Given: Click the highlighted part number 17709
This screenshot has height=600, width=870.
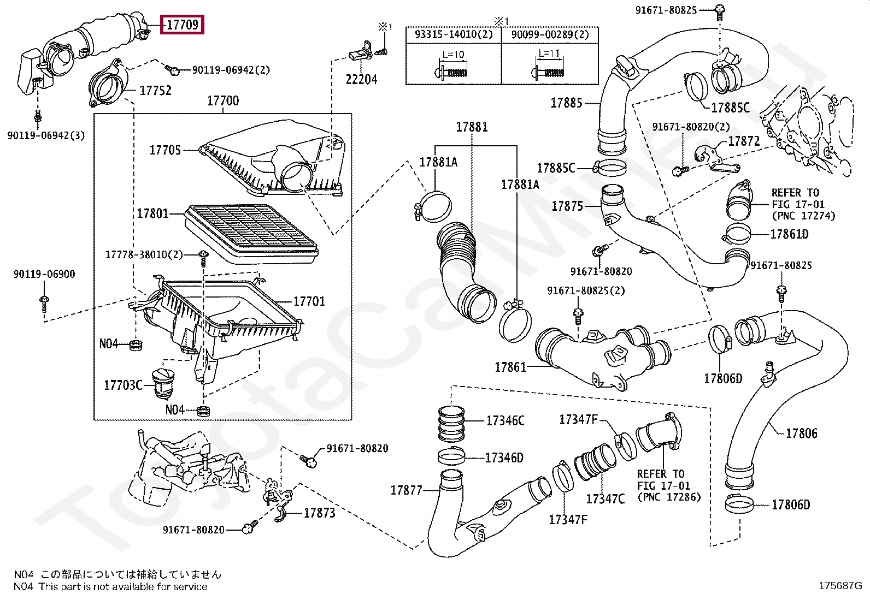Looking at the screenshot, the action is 182,25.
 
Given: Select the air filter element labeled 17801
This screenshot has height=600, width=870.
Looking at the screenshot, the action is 251,234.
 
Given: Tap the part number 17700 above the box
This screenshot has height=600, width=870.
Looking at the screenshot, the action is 223,101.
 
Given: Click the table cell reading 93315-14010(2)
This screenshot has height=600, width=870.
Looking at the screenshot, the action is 454,34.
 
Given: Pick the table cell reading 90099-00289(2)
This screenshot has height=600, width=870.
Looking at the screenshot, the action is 550,34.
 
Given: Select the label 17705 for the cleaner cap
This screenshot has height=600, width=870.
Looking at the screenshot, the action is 165,150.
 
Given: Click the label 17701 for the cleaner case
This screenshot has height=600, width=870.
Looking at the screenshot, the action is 309,301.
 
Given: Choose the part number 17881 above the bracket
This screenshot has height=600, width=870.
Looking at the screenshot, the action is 472,127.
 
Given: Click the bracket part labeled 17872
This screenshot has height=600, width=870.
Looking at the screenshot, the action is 716,159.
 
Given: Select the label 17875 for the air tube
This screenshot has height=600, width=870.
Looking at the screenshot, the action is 567,206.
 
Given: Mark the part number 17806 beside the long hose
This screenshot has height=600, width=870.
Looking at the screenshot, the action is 802,433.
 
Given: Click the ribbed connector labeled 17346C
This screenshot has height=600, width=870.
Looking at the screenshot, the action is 451,424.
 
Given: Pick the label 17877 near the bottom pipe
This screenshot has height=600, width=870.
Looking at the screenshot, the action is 406,490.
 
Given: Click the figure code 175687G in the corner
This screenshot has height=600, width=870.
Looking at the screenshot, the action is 840,586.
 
